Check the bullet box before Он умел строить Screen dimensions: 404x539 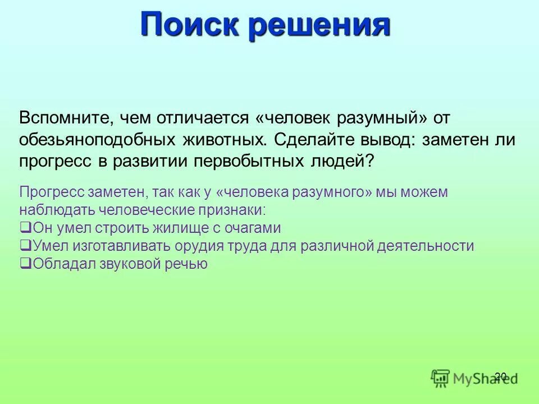coord(25,228)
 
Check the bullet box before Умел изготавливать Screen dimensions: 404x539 coord(25,246)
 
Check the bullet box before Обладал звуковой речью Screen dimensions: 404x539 coord(25,264)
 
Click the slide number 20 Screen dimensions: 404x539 coord(501,376)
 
